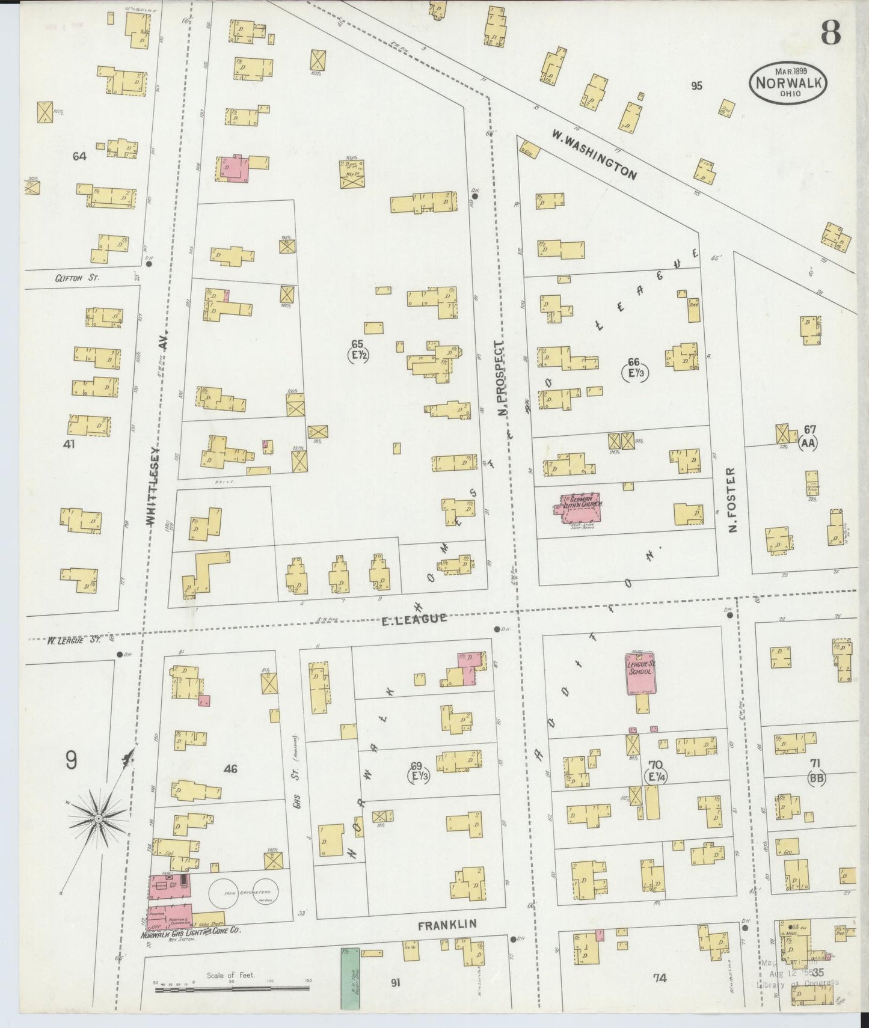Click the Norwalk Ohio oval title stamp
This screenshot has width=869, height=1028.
[788, 82]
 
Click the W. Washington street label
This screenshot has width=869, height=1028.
[594, 153]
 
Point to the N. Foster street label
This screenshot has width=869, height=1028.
[732, 500]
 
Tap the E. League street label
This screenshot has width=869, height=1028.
[415, 618]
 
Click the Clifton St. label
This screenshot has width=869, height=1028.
[76, 278]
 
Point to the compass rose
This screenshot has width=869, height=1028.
[97, 819]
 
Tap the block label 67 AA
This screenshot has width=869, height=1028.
[809, 436]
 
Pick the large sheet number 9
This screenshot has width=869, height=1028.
[71, 762]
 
